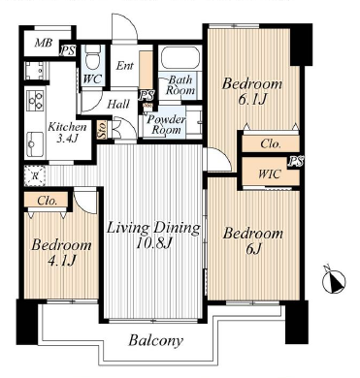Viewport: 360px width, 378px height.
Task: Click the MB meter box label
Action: pyautogui.click(x=44, y=43)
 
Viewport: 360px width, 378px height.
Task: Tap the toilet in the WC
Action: pyautogui.click(x=93, y=57)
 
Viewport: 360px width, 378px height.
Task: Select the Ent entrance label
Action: pyautogui.click(x=124, y=66)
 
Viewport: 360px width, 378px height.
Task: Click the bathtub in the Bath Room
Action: pyautogui.click(x=180, y=57)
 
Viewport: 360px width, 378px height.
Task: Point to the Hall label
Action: pyautogui.click(x=118, y=104)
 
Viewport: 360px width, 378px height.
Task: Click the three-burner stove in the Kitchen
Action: pyautogui.click(x=35, y=100)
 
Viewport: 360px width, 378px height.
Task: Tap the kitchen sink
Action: pyautogui.click(x=35, y=144)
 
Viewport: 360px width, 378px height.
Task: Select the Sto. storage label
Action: pyautogui.click(x=102, y=130)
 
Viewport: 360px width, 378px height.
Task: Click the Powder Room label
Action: pyautogui.click(x=166, y=124)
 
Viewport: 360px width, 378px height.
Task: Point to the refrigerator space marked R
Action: pyautogui.click(x=34, y=175)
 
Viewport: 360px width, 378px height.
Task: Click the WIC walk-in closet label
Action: pyautogui.click(x=269, y=174)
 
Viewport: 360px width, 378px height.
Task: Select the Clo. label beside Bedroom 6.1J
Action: pyautogui.click(x=271, y=143)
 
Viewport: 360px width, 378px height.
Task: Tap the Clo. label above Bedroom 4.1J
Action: pyautogui.click(x=48, y=201)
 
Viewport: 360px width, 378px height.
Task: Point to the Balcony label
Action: pyautogui.click(x=155, y=340)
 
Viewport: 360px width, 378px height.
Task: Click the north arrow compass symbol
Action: pyautogui.click(x=334, y=280)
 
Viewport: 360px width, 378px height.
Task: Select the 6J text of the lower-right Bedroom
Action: pyautogui.click(x=252, y=248)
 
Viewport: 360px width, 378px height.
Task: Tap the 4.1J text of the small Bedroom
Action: pyautogui.click(x=61, y=261)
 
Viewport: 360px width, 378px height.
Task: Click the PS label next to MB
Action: pyautogui.click(x=68, y=50)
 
